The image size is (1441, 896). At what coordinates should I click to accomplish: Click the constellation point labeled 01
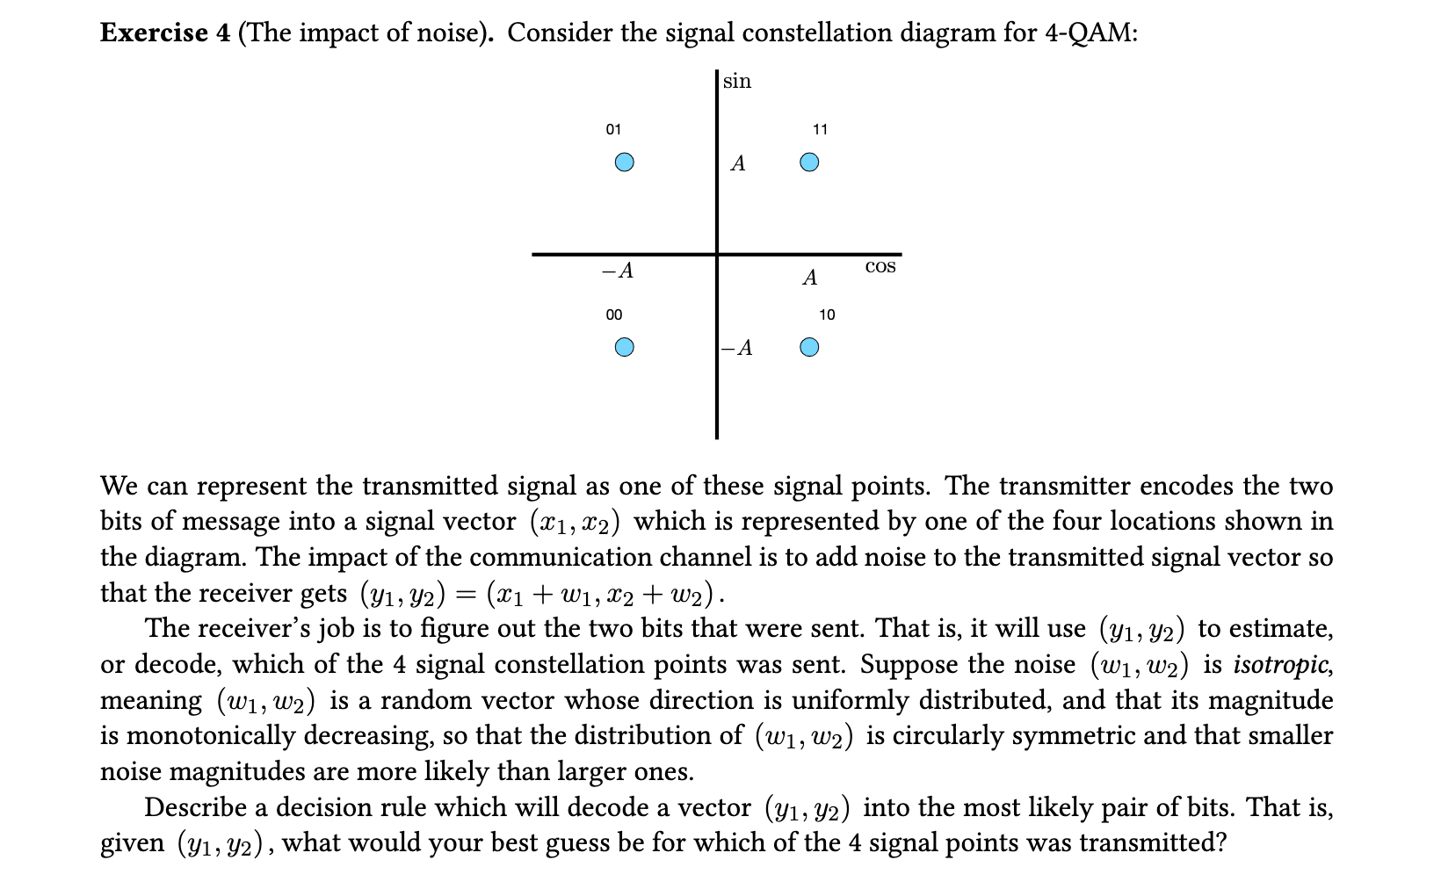[x=624, y=163]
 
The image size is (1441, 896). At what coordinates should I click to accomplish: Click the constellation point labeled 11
[x=810, y=163]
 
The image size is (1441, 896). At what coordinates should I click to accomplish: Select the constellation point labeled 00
[x=624, y=348]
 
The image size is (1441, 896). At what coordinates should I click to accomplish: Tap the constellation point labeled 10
[x=810, y=348]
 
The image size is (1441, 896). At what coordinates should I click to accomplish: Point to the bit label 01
[x=613, y=130]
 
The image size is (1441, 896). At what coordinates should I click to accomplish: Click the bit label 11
[x=820, y=130]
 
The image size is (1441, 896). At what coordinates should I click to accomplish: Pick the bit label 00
[x=613, y=314]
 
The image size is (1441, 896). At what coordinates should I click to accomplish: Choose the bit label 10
[x=827, y=314]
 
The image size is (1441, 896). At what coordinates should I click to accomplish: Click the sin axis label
[x=737, y=82]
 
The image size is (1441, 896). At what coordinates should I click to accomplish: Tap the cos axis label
[x=880, y=266]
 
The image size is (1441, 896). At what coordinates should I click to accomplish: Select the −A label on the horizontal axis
[x=618, y=271]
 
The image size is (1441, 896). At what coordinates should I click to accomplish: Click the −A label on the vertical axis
[x=737, y=349]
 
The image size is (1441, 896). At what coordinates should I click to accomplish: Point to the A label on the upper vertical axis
[x=738, y=163]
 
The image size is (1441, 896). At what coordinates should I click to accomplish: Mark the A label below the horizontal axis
[x=810, y=278]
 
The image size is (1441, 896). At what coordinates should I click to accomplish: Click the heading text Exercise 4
[x=165, y=33]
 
